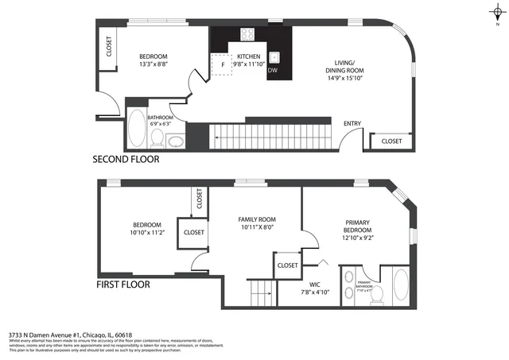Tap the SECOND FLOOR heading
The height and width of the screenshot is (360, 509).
[126, 159]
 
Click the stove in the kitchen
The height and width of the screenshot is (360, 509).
[247, 35]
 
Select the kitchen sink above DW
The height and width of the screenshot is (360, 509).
[274, 57]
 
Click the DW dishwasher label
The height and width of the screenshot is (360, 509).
[273, 71]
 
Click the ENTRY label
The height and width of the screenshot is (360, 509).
[352, 124]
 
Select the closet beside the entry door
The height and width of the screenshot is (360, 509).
[391, 141]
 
